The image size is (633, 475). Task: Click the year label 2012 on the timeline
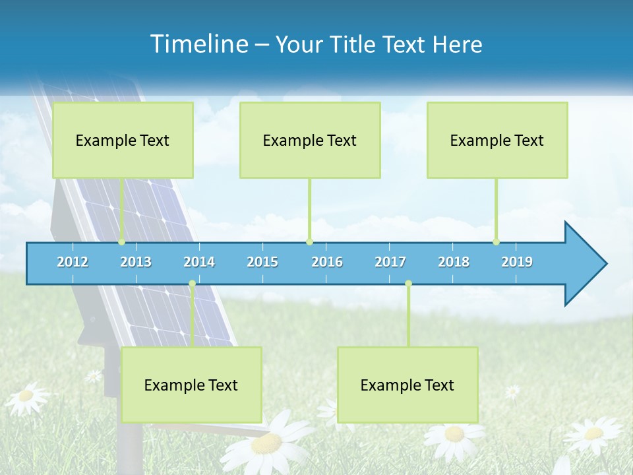73,262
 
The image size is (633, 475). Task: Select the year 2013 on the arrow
136,262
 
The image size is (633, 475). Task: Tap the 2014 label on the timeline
199,262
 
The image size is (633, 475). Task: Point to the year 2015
262,262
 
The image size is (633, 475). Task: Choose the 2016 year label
327,262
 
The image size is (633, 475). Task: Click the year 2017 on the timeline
390,262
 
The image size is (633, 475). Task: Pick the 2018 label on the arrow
454,262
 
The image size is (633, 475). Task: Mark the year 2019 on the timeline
517,262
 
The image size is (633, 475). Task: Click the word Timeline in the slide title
198,44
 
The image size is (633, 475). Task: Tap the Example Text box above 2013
123,140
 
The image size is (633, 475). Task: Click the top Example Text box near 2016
310,140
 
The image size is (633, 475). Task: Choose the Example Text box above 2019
497,140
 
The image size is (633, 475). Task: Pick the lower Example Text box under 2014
191,385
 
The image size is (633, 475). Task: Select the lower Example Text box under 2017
407,385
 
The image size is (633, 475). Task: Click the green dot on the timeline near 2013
122,242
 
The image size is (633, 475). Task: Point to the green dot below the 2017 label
408,284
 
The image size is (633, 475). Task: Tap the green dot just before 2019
497,242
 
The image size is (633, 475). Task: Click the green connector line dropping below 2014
192,317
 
